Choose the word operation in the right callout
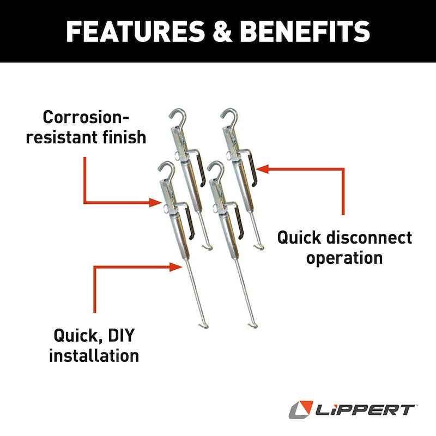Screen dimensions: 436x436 click(344, 257)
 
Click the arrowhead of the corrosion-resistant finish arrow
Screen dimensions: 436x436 click(159, 203)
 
